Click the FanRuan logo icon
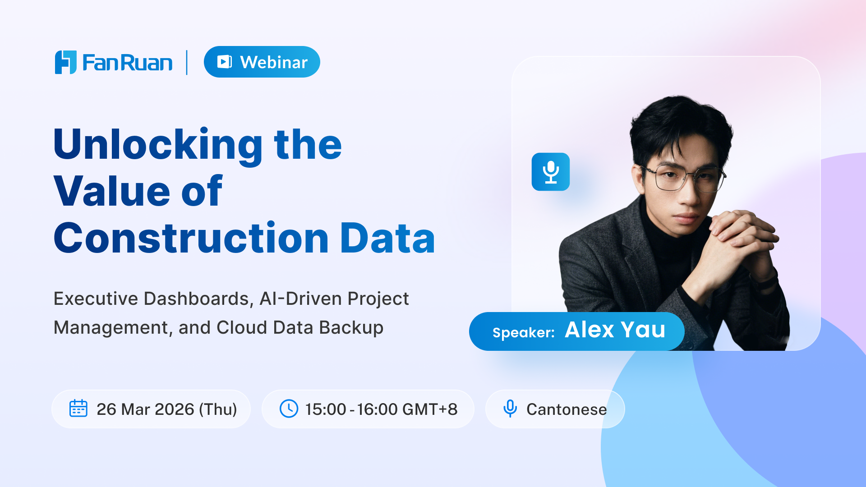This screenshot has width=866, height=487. click(x=66, y=62)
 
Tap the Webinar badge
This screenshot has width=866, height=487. click(x=262, y=62)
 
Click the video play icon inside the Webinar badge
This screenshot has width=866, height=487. click(x=225, y=62)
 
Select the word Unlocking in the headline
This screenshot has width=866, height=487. click(x=158, y=145)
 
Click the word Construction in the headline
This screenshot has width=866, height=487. click(x=191, y=238)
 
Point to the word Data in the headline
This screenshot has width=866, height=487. click(x=387, y=238)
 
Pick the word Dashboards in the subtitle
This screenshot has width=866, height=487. click(x=197, y=299)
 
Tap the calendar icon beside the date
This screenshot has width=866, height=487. click(x=78, y=409)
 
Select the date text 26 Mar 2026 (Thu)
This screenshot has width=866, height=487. click(x=167, y=409)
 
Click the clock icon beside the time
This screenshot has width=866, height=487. click(x=289, y=409)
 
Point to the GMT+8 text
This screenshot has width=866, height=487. click(x=429, y=409)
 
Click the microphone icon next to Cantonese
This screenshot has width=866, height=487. click(x=510, y=409)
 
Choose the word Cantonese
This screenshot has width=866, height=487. click(x=567, y=409)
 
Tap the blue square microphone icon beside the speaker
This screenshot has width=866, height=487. click(x=551, y=172)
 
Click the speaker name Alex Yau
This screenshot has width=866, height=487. click(x=615, y=330)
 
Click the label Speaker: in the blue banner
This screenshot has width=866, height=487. click(x=524, y=333)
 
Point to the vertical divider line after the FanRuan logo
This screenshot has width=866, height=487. click(x=187, y=62)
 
